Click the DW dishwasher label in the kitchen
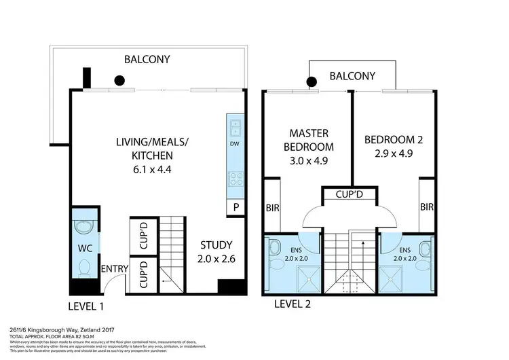[234, 144]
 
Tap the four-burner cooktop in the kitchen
[234, 179]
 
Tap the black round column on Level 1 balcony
[119, 80]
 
